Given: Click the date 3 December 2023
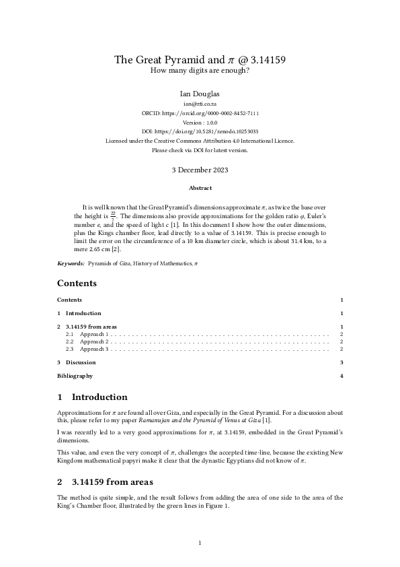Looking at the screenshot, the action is point(200,170).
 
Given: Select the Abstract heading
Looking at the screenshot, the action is point(200,188).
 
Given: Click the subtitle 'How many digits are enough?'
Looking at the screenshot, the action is point(200,71).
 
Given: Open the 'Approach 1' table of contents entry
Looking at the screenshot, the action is point(94,334).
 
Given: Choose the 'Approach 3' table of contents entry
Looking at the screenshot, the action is point(94,349).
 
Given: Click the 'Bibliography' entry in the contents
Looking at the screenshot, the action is point(75,376).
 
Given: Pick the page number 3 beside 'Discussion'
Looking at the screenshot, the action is point(342,362).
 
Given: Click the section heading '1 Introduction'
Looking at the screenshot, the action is point(92,397).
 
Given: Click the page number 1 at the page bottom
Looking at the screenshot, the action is point(200,541).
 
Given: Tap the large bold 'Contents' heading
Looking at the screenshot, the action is point(77,283).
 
